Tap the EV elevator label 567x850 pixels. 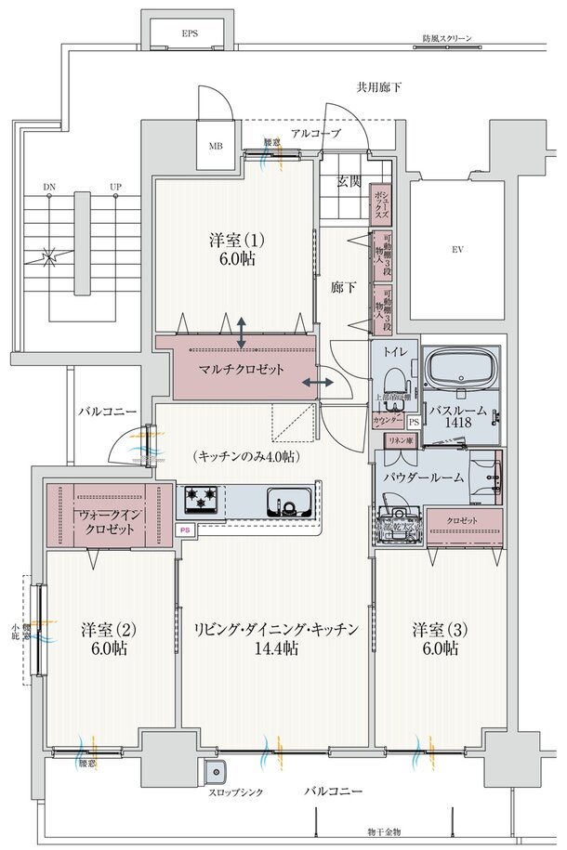(x=457, y=250)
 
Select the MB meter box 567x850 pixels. (x=216, y=146)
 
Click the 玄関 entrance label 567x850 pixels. (x=349, y=181)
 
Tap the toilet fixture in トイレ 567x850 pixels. (x=394, y=380)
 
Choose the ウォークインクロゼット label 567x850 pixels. (x=110, y=521)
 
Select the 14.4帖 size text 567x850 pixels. (x=276, y=648)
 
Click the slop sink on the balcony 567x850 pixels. (x=216, y=772)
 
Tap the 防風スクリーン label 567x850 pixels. (x=446, y=39)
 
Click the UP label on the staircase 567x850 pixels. (x=115, y=188)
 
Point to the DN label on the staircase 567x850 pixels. (x=48, y=188)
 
